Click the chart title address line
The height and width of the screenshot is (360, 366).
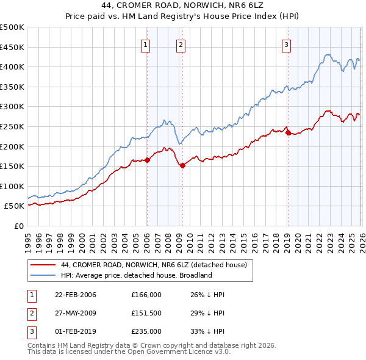[183, 8]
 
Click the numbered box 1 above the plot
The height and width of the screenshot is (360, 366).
[146, 43]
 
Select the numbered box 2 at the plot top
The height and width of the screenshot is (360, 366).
[181, 43]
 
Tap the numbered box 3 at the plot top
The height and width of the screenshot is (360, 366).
[286, 43]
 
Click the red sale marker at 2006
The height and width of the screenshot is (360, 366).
[147, 160]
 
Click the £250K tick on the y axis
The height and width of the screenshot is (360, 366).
[12, 126]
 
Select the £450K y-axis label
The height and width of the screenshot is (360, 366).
[12, 47]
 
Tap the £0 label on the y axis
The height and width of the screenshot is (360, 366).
[18, 226]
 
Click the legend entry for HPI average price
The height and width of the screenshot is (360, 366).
[136, 275]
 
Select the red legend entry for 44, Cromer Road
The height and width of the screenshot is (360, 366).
[153, 265]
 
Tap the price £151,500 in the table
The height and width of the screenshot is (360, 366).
[146, 313]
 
